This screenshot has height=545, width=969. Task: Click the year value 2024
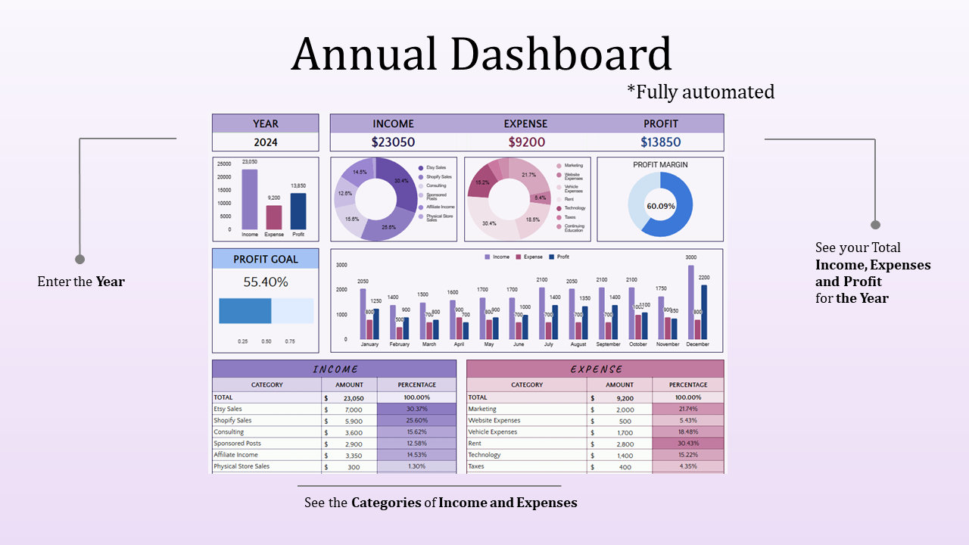[x=265, y=142]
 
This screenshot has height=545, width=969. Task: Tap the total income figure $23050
[x=393, y=142]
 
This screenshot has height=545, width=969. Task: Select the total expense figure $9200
[x=526, y=142]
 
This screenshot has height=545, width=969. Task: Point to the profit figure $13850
[x=660, y=142]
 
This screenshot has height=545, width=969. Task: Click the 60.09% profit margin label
[x=660, y=206]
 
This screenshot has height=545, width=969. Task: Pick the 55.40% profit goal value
[x=265, y=282]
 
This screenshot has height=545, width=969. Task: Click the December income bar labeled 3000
[x=691, y=301]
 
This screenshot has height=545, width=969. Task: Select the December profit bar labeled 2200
[x=704, y=312]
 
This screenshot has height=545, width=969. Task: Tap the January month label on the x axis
[x=369, y=344]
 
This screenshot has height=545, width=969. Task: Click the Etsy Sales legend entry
[x=435, y=167]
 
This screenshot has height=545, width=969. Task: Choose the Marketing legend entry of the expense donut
[x=573, y=165]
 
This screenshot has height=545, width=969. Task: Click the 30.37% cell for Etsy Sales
[x=416, y=409]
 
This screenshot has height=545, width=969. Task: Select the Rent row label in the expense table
[x=475, y=444]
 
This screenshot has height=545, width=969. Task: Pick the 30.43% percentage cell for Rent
[x=687, y=444]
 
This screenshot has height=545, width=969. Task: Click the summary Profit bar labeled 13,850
[x=298, y=211]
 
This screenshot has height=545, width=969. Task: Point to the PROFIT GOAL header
[x=265, y=259]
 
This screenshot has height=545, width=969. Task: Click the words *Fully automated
[x=700, y=92]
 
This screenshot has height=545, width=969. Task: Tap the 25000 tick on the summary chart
[x=224, y=163]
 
